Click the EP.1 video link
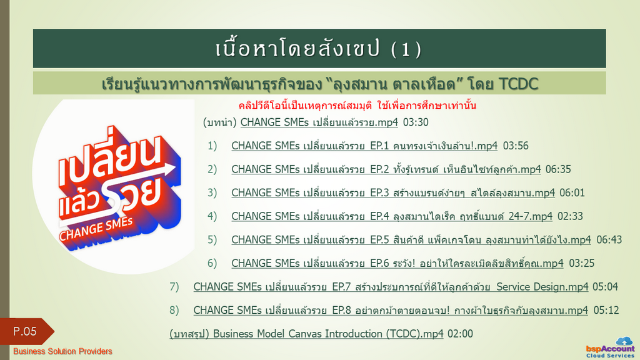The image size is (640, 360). pyautogui.click(x=364, y=146)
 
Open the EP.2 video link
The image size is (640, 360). pyautogui.click(x=386, y=169)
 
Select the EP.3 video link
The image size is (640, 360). pyautogui.click(x=393, y=192)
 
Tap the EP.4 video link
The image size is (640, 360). pyautogui.click(x=392, y=216)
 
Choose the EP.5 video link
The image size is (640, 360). pyautogui.click(x=411, y=239)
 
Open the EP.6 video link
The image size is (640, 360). pyautogui.click(x=397, y=263)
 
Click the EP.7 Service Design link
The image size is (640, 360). pyautogui.click(x=391, y=287)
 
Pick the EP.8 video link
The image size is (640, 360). pyautogui.click(x=391, y=310)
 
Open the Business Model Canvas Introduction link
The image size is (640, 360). pyautogui.click(x=306, y=334)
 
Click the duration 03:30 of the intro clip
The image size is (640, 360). pyautogui.click(x=416, y=122)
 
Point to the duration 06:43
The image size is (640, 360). pyautogui.click(x=609, y=240)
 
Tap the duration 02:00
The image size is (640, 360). pyautogui.click(x=460, y=334)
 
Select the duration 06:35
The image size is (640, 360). pyautogui.click(x=558, y=169)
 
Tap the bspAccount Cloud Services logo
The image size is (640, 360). pyautogui.click(x=611, y=347)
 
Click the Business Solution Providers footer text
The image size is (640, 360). pyautogui.click(x=62, y=351)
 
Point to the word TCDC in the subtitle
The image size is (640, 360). pyautogui.click(x=518, y=84)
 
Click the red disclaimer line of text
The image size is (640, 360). pyautogui.click(x=357, y=106)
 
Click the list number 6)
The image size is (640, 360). pyautogui.click(x=212, y=263)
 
